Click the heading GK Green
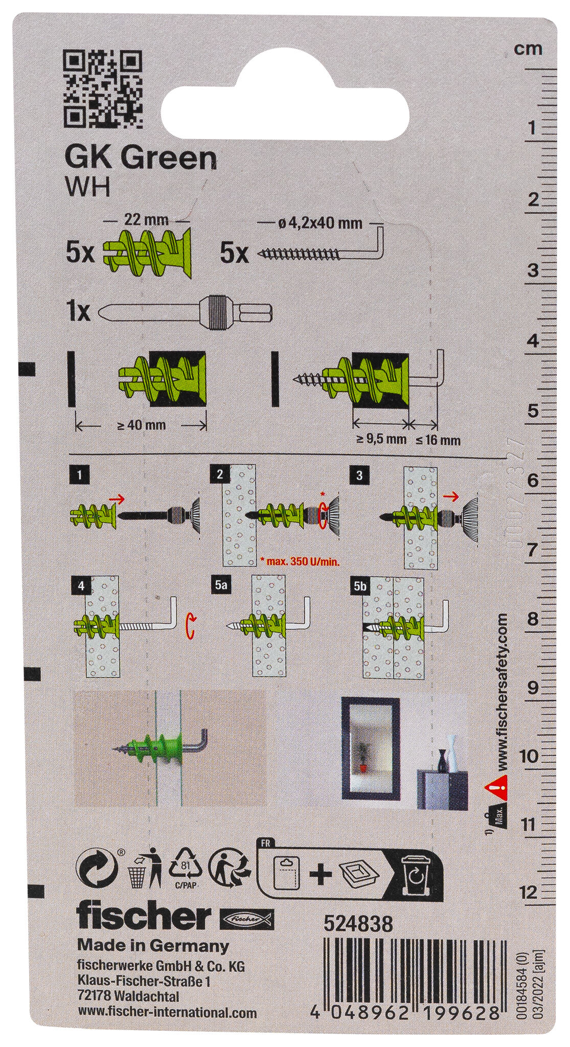coord(140,159)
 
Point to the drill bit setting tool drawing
coord(187,311)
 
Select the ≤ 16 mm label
coord(438,440)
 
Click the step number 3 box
coord(359,475)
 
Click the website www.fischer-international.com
coord(167,1022)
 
